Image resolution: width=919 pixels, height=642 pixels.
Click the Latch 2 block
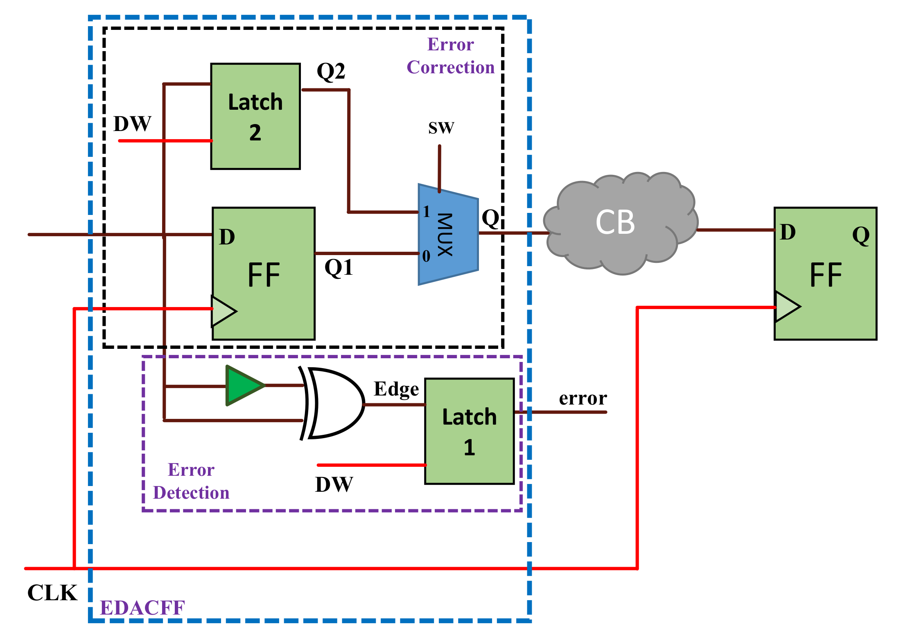[x=255, y=116]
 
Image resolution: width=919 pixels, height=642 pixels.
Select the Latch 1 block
[x=469, y=431]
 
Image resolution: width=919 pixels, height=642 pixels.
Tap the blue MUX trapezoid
[x=448, y=235]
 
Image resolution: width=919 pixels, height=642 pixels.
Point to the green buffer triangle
[x=243, y=386]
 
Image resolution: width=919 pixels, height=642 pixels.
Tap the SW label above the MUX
[x=441, y=128]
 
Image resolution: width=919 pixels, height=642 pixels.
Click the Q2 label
[x=331, y=71]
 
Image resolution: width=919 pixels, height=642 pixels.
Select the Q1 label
[x=339, y=268]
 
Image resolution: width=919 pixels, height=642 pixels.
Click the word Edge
[x=396, y=389]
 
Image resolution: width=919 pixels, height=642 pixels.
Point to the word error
[x=583, y=398]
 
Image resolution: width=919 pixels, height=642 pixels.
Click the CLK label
[x=52, y=592]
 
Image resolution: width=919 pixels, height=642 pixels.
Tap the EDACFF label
[x=142, y=608]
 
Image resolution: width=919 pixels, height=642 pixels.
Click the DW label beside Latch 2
[x=132, y=124]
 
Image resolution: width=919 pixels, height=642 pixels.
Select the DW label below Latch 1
[x=334, y=485]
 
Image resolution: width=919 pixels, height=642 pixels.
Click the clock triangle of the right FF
[x=786, y=306]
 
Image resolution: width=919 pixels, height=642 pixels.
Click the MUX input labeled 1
[x=426, y=212]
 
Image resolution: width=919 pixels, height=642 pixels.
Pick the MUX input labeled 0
[x=426, y=256]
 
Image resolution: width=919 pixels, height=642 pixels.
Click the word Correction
[x=450, y=67]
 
